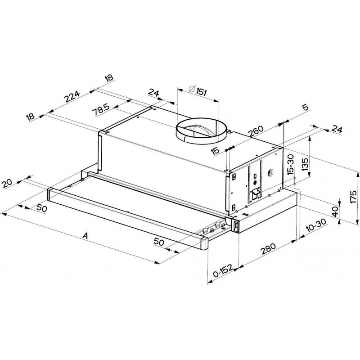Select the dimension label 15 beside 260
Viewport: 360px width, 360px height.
[x=216, y=150]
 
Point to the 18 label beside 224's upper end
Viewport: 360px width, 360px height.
[x=108, y=79]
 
